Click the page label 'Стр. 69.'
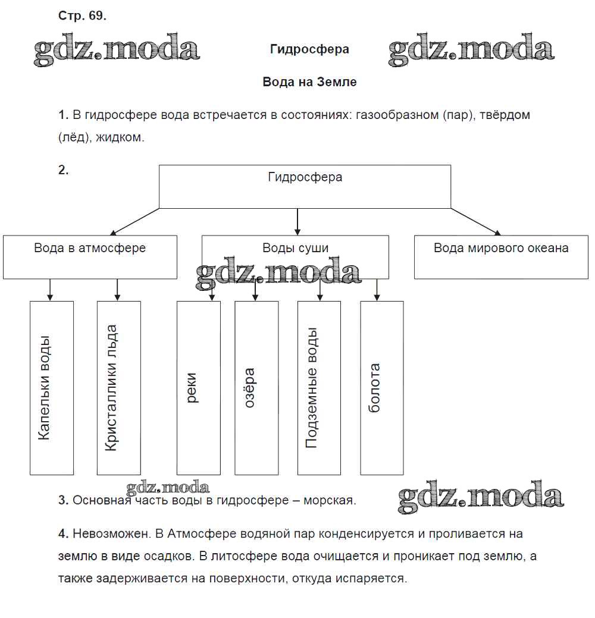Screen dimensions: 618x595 click(82, 17)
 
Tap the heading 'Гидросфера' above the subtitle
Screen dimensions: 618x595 click(309, 49)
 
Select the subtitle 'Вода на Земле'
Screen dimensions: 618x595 click(309, 82)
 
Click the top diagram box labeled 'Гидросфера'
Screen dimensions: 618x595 click(305, 186)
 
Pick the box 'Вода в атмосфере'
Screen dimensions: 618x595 click(90, 256)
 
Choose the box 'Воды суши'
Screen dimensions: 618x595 click(295, 256)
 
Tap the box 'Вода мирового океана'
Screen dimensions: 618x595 click(501, 256)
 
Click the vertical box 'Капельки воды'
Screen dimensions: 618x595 click(52, 388)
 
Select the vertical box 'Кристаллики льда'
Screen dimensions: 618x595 click(119, 388)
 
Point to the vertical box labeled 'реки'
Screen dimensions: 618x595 click(198, 388)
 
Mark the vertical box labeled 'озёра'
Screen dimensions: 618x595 click(256, 388)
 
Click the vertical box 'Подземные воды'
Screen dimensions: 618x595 click(319, 388)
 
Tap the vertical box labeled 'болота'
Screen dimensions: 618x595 click(382, 388)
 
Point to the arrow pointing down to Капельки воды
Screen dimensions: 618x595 click(50, 290)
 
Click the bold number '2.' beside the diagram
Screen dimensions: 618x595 click(64, 170)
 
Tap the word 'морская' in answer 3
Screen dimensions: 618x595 click(329, 500)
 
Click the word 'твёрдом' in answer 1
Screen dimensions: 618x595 click(506, 115)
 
